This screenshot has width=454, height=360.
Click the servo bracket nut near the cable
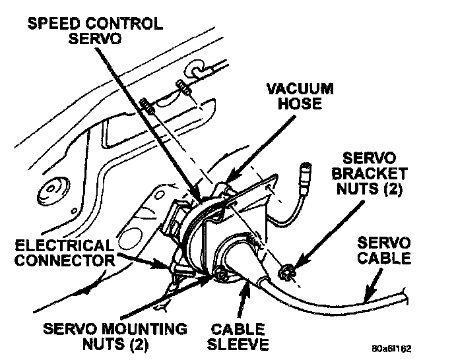point(287,269)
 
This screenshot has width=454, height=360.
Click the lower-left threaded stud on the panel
point(148,105)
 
